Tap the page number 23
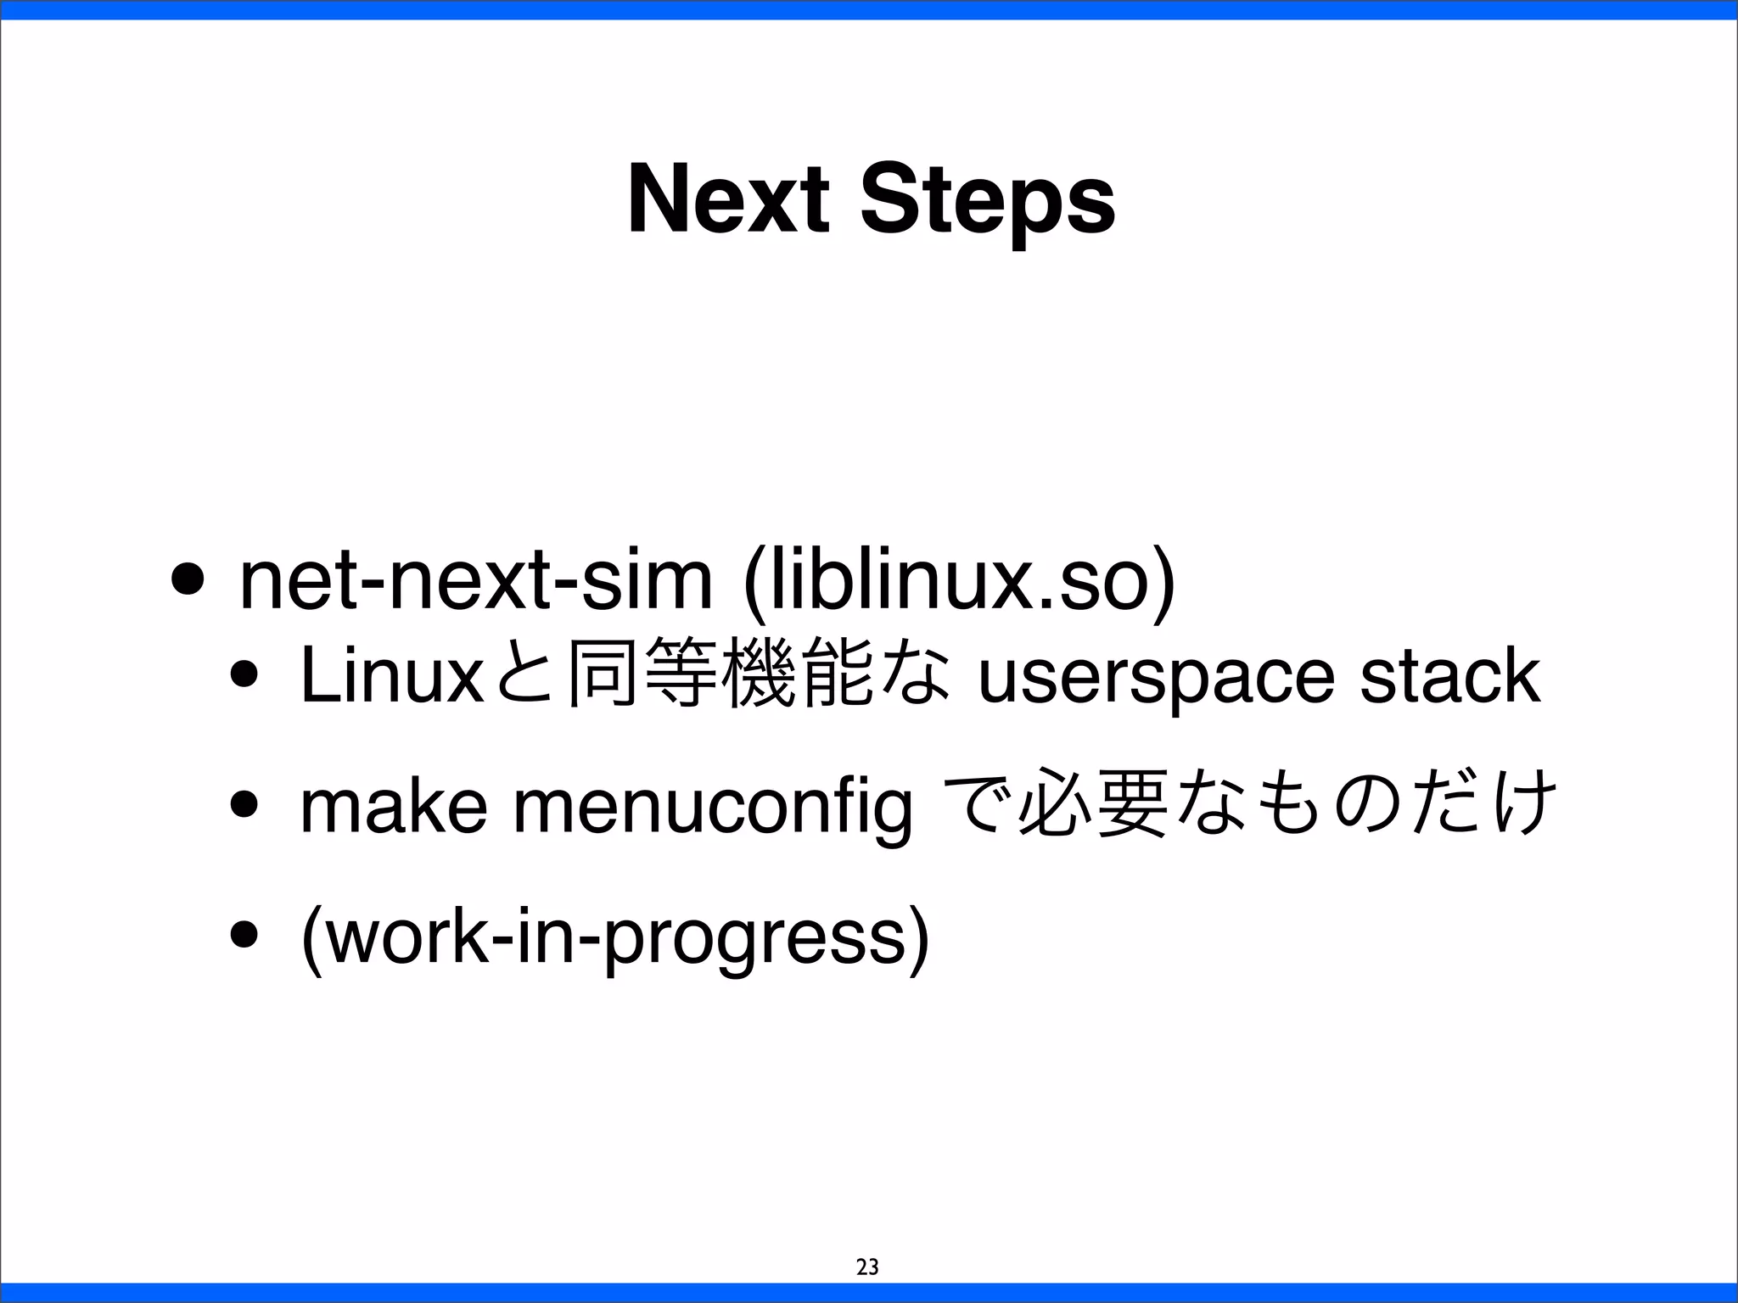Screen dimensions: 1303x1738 tap(867, 1267)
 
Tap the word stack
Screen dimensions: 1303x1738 tap(1449, 675)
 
